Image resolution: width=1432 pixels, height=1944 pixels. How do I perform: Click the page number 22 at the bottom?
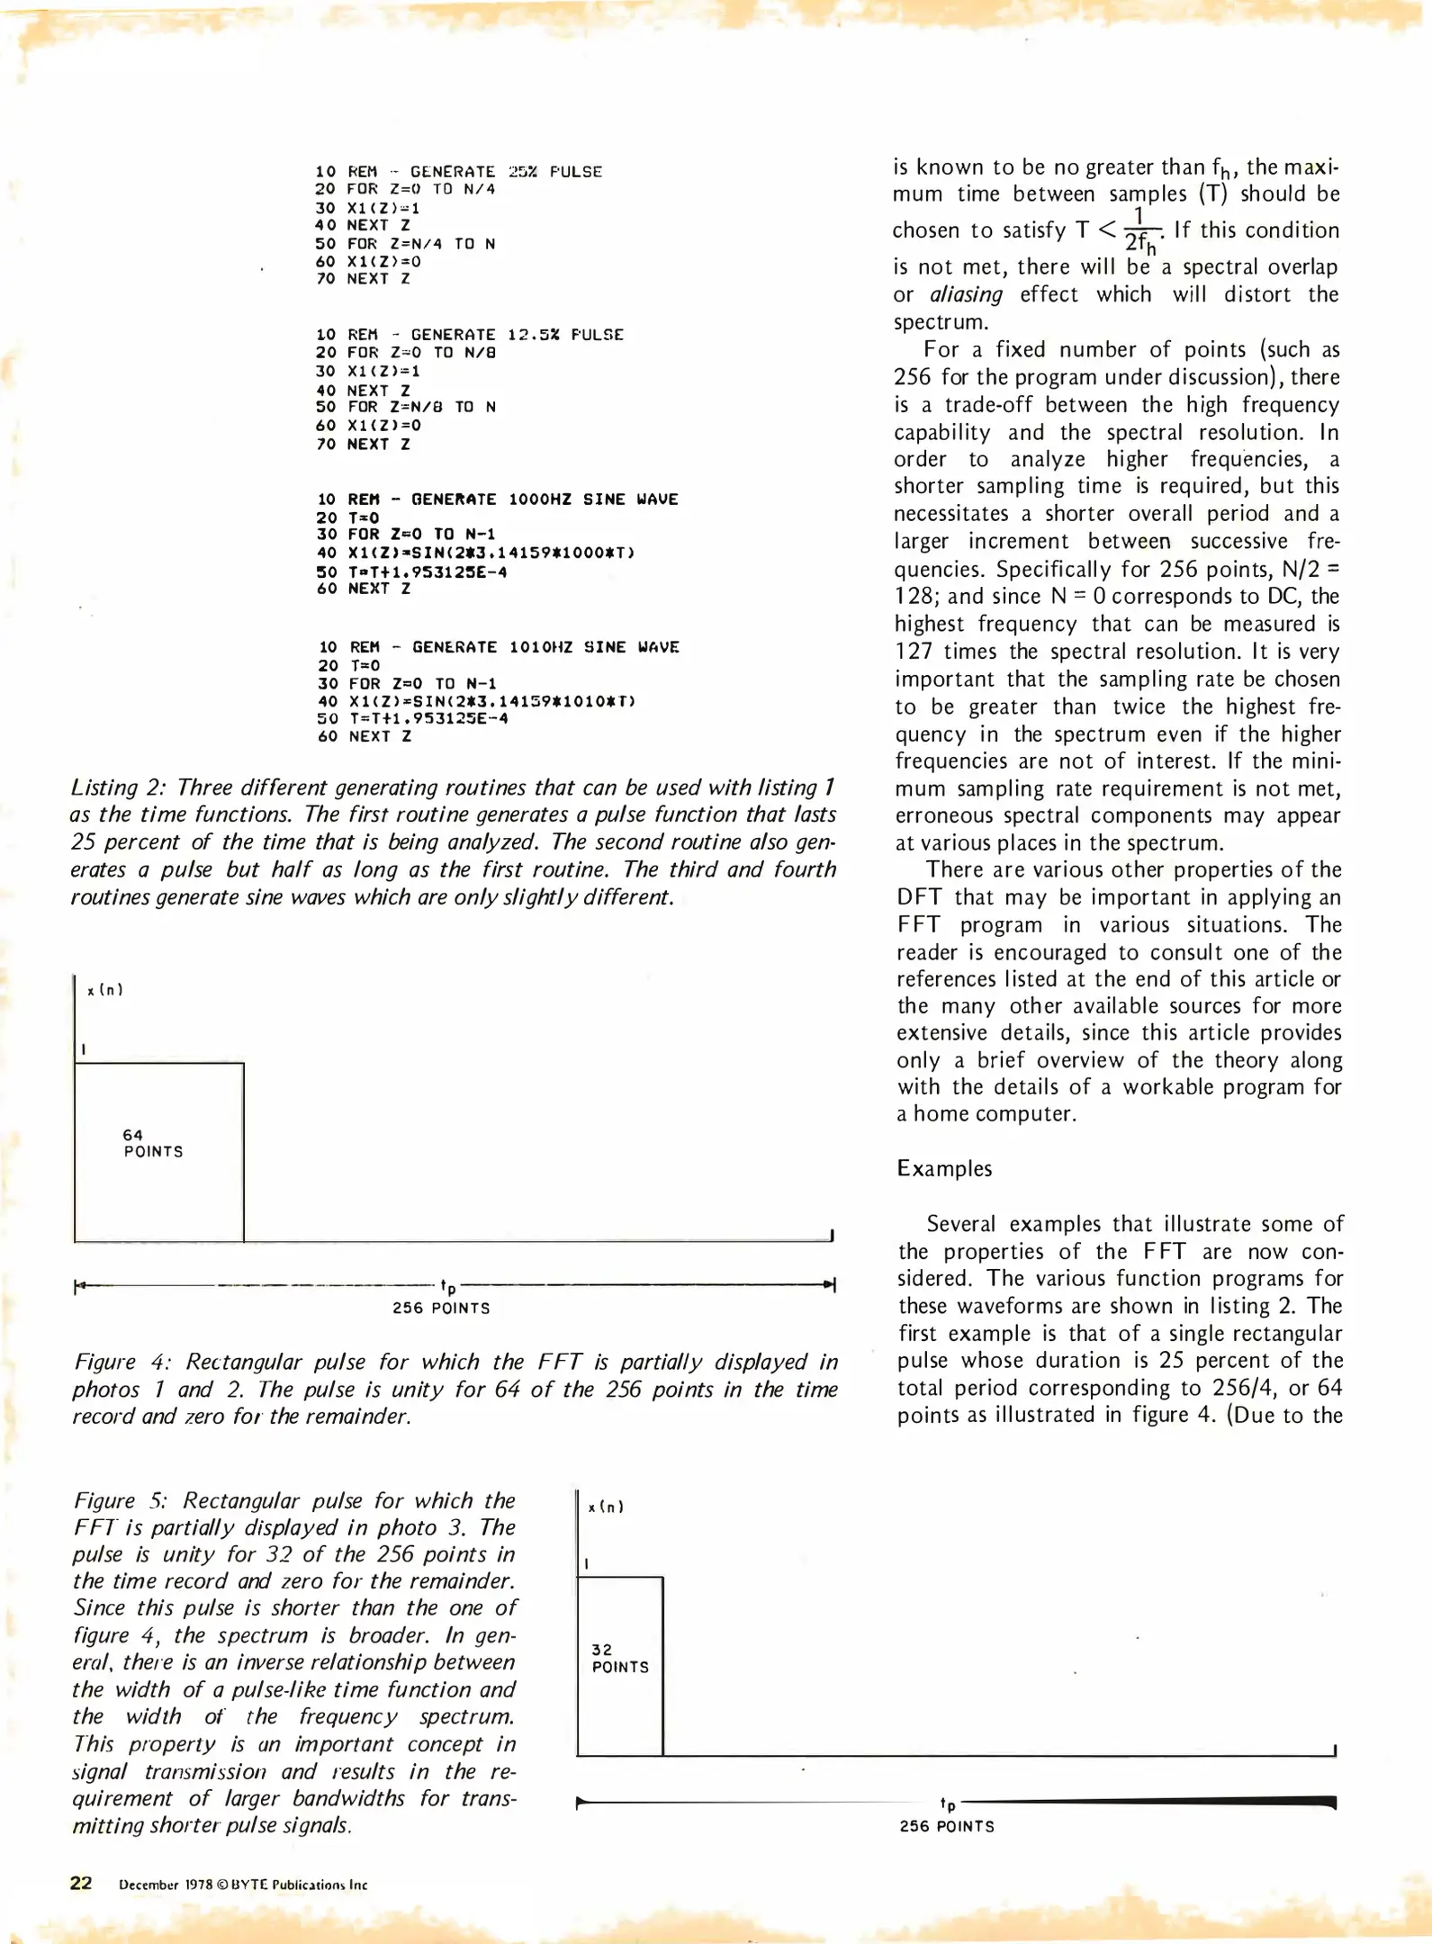81,1884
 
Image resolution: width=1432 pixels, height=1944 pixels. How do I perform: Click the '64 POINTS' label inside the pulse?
153,1143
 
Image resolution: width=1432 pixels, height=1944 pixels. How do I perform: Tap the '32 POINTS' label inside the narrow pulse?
619,1658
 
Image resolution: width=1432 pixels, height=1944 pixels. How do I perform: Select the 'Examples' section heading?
944,1168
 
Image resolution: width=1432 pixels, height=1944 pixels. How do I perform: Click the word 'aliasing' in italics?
966,294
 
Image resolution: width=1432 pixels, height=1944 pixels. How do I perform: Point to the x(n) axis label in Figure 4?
105,990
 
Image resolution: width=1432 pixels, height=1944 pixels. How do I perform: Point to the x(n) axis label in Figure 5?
606,1507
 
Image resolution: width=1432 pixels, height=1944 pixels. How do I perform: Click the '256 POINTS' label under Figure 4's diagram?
441,1308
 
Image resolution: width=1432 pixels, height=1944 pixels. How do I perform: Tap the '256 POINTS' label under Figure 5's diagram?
947,1826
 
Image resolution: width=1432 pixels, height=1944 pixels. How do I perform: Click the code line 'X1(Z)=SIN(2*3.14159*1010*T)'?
491,701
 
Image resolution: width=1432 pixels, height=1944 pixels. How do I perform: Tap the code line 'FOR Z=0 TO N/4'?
421,189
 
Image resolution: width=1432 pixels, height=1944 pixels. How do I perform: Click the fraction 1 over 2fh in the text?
1139,230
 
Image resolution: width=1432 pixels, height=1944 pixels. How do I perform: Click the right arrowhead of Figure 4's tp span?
831,1284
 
